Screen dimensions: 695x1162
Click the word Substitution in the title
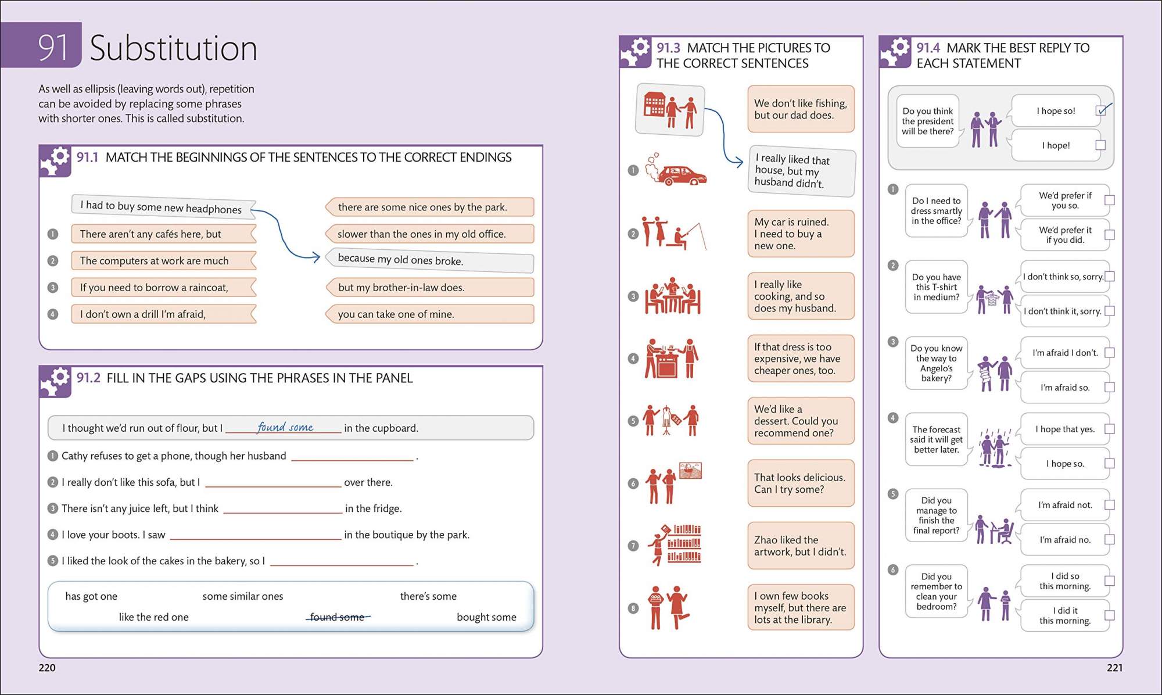coord(173,48)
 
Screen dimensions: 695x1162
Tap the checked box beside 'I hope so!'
coord(1100,110)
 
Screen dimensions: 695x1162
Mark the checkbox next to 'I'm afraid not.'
coord(1109,505)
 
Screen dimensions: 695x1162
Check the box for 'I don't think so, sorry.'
coord(1109,277)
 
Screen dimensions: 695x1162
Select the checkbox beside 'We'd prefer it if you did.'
coord(1109,235)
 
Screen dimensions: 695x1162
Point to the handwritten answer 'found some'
coord(285,427)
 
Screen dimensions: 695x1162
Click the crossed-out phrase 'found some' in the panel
coord(337,617)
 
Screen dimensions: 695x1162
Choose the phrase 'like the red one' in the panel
coord(153,617)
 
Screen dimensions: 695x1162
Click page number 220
coord(47,668)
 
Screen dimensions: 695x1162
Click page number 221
coord(1114,668)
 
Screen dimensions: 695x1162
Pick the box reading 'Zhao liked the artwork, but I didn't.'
coord(800,546)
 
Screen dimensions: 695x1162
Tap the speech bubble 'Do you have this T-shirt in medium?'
coord(936,287)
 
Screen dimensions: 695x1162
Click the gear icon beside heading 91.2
coord(55,381)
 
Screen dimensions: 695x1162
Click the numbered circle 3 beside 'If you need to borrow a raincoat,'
coord(53,287)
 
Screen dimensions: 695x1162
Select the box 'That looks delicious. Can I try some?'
coord(800,483)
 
